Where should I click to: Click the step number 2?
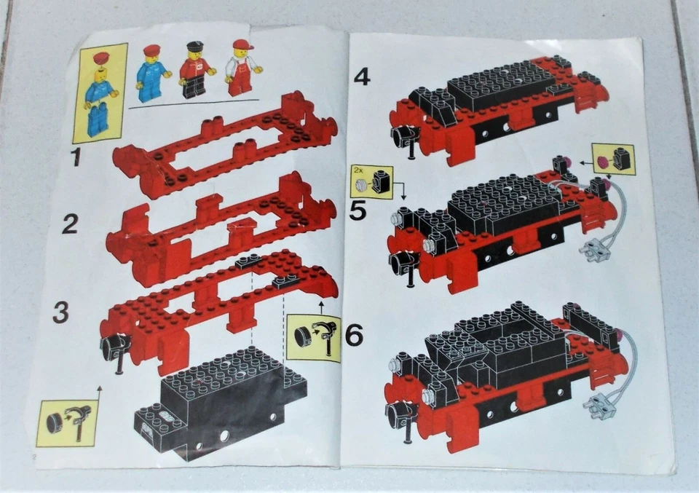pyautogui.click(x=69, y=224)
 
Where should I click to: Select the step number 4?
pyautogui.click(x=362, y=76)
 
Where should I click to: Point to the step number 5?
pyautogui.click(x=358, y=210)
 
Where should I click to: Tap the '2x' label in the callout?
pyautogui.click(x=358, y=170)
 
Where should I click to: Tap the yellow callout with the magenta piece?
pyautogui.click(x=612, y=159)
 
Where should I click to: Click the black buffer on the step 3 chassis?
pyautogui.click(x=115, y=348)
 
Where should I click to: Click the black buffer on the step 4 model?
pyautogui.click(x=403, y=136)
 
